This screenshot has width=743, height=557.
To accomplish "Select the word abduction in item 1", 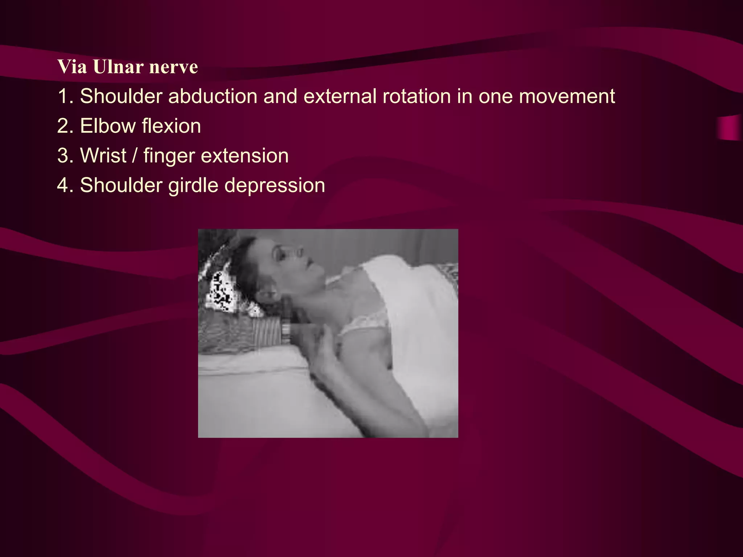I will pos(213,96).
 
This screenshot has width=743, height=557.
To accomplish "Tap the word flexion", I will pos(171,126).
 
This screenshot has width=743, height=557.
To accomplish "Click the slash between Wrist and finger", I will pos(135,156).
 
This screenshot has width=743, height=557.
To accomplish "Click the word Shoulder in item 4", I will pos(120,186).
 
